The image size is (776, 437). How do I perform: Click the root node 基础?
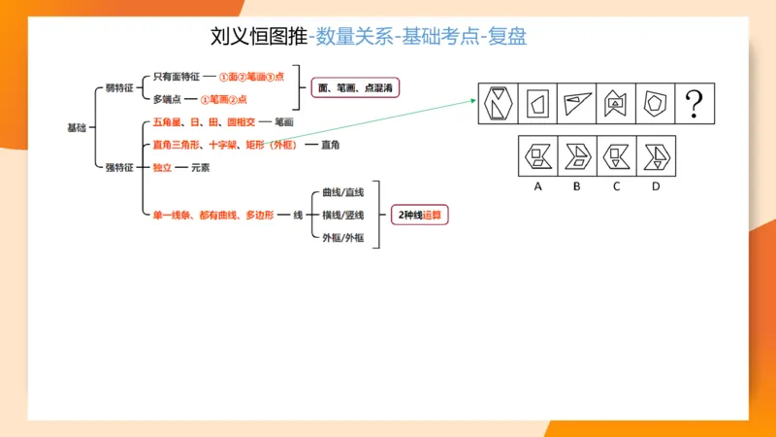click(76, 127)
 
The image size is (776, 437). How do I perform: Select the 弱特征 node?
click(118, 87)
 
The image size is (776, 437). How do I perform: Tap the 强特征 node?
click(118, 168)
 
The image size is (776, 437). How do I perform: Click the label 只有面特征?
click(176, 76)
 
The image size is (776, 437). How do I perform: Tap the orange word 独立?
click(162, 168)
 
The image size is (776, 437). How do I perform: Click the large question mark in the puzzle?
click(694, 103)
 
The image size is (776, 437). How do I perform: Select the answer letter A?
click(537, 186)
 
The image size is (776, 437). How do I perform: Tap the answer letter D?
click(656, 186)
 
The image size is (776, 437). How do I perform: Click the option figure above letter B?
click(576, 155)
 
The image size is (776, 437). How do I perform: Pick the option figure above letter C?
click(616, 155)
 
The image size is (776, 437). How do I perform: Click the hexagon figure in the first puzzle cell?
click(500, 103)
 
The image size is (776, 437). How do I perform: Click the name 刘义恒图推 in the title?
click(258, 37)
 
